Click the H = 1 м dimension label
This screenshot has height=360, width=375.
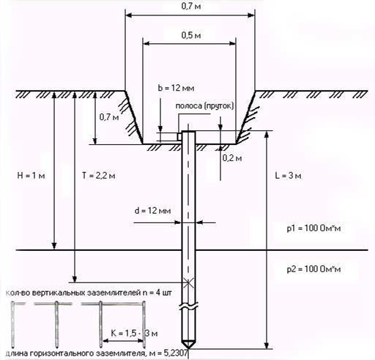31,176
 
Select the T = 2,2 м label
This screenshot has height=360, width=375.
99,176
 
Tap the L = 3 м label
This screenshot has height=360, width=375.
288,176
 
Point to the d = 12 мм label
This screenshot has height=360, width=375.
152,211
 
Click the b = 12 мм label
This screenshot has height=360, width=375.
176,88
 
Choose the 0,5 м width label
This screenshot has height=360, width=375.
191,35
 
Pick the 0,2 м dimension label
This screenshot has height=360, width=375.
232,158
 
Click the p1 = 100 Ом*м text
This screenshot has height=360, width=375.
313,228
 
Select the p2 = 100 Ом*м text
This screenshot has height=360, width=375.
313,269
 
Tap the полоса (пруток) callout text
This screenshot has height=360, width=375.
204,106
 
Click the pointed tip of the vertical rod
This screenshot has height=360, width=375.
188,348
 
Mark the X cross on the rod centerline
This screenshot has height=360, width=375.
188,282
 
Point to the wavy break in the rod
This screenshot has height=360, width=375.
188,307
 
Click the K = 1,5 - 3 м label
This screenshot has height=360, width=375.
134,333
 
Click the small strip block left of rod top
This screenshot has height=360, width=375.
179,137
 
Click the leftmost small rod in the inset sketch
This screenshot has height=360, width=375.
12,324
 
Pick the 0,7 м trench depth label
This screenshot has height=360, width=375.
109,117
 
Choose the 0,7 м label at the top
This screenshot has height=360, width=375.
191,7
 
